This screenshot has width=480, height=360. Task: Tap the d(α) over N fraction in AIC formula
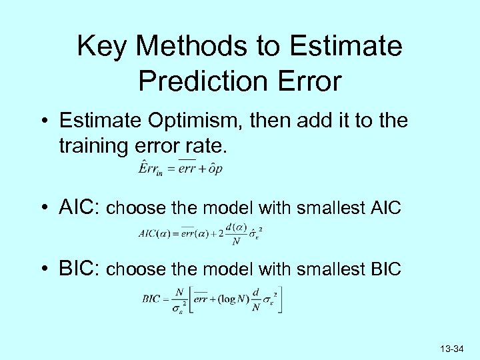[x=235, y=233]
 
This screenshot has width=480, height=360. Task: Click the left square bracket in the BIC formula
[x=189, y=300]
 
